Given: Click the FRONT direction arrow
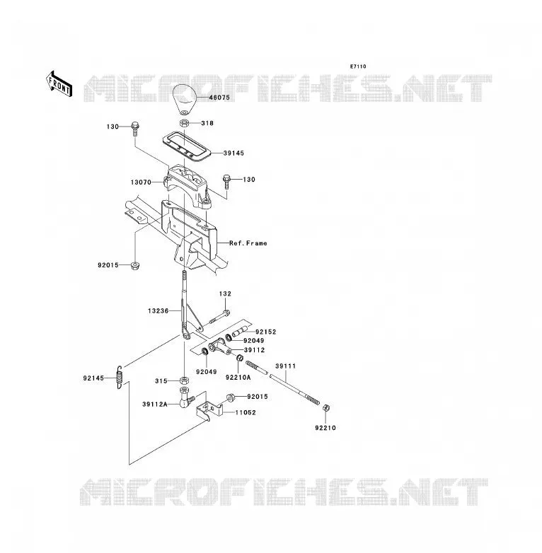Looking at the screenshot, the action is (x=59, y=84).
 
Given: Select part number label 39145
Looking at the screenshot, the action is (x=233, y=153).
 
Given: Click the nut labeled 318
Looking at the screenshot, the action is (x=184, y=124).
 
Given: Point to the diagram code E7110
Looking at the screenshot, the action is (x=358, y=66).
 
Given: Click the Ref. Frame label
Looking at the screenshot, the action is (x=248, y=243).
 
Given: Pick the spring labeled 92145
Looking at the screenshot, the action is (x=120, y=377).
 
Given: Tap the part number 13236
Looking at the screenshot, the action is (x=158, y=310).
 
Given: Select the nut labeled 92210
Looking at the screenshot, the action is (x=326, y=408).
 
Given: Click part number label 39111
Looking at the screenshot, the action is (x=285, y=366).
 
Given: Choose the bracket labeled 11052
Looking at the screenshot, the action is (x=209, y=409).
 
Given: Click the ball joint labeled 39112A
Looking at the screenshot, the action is (x=186, y=397).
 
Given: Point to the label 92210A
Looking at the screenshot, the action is (x=238, y=378).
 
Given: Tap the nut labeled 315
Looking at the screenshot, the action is (x=183, y=380).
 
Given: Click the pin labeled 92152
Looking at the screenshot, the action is (x=238, y=332).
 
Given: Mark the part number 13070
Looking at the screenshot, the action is (x=141, y=182).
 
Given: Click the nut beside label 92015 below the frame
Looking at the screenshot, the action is (x=134, y=266).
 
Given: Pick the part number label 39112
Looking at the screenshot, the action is (x=255, y=350).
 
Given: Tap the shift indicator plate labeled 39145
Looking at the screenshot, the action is (x=187, y=146).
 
